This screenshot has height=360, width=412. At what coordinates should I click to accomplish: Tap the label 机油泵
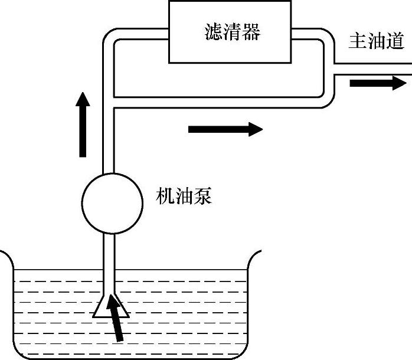tap(184, 197)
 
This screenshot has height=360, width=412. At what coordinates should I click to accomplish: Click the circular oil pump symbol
tap(112, 203)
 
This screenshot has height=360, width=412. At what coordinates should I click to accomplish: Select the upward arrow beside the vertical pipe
tap(83, 125)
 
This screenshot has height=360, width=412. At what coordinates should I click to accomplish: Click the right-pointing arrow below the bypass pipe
tap(225, 128)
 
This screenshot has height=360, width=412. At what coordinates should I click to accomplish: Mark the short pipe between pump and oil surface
tap(110, 251)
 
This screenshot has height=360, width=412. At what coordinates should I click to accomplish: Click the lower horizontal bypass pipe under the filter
tap(218, 102)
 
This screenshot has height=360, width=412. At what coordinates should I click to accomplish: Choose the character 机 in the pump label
tap(164, 197)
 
